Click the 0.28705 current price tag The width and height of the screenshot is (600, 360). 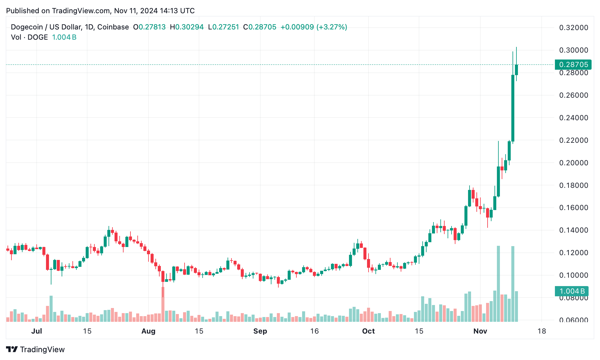coord(573,65)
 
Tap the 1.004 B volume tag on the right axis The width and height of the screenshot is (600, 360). coord(571,291)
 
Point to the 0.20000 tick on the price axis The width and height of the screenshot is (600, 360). coord(573,163)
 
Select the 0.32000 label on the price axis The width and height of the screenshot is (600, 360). coord(573,28)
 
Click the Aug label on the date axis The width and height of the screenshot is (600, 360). coord(148,331)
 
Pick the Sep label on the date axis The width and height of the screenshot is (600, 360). coord(260,331)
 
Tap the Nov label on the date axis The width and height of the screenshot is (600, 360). coord(480,331)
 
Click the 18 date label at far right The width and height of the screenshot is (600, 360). coord(541,331)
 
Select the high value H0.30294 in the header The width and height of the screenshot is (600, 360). coord(187,27)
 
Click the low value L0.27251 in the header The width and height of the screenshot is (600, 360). coord(223,27)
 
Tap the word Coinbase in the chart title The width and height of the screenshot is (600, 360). coord(113,27)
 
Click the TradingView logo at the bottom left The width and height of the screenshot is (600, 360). coord(35,349)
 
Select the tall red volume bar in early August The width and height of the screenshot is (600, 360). coord(163,304)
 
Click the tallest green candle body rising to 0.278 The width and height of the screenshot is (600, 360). coord(513,108)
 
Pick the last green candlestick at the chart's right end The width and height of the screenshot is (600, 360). coord(516,70)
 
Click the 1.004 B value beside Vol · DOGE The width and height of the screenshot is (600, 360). coord(64,37)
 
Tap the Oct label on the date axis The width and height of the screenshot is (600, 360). coord(368,331)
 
